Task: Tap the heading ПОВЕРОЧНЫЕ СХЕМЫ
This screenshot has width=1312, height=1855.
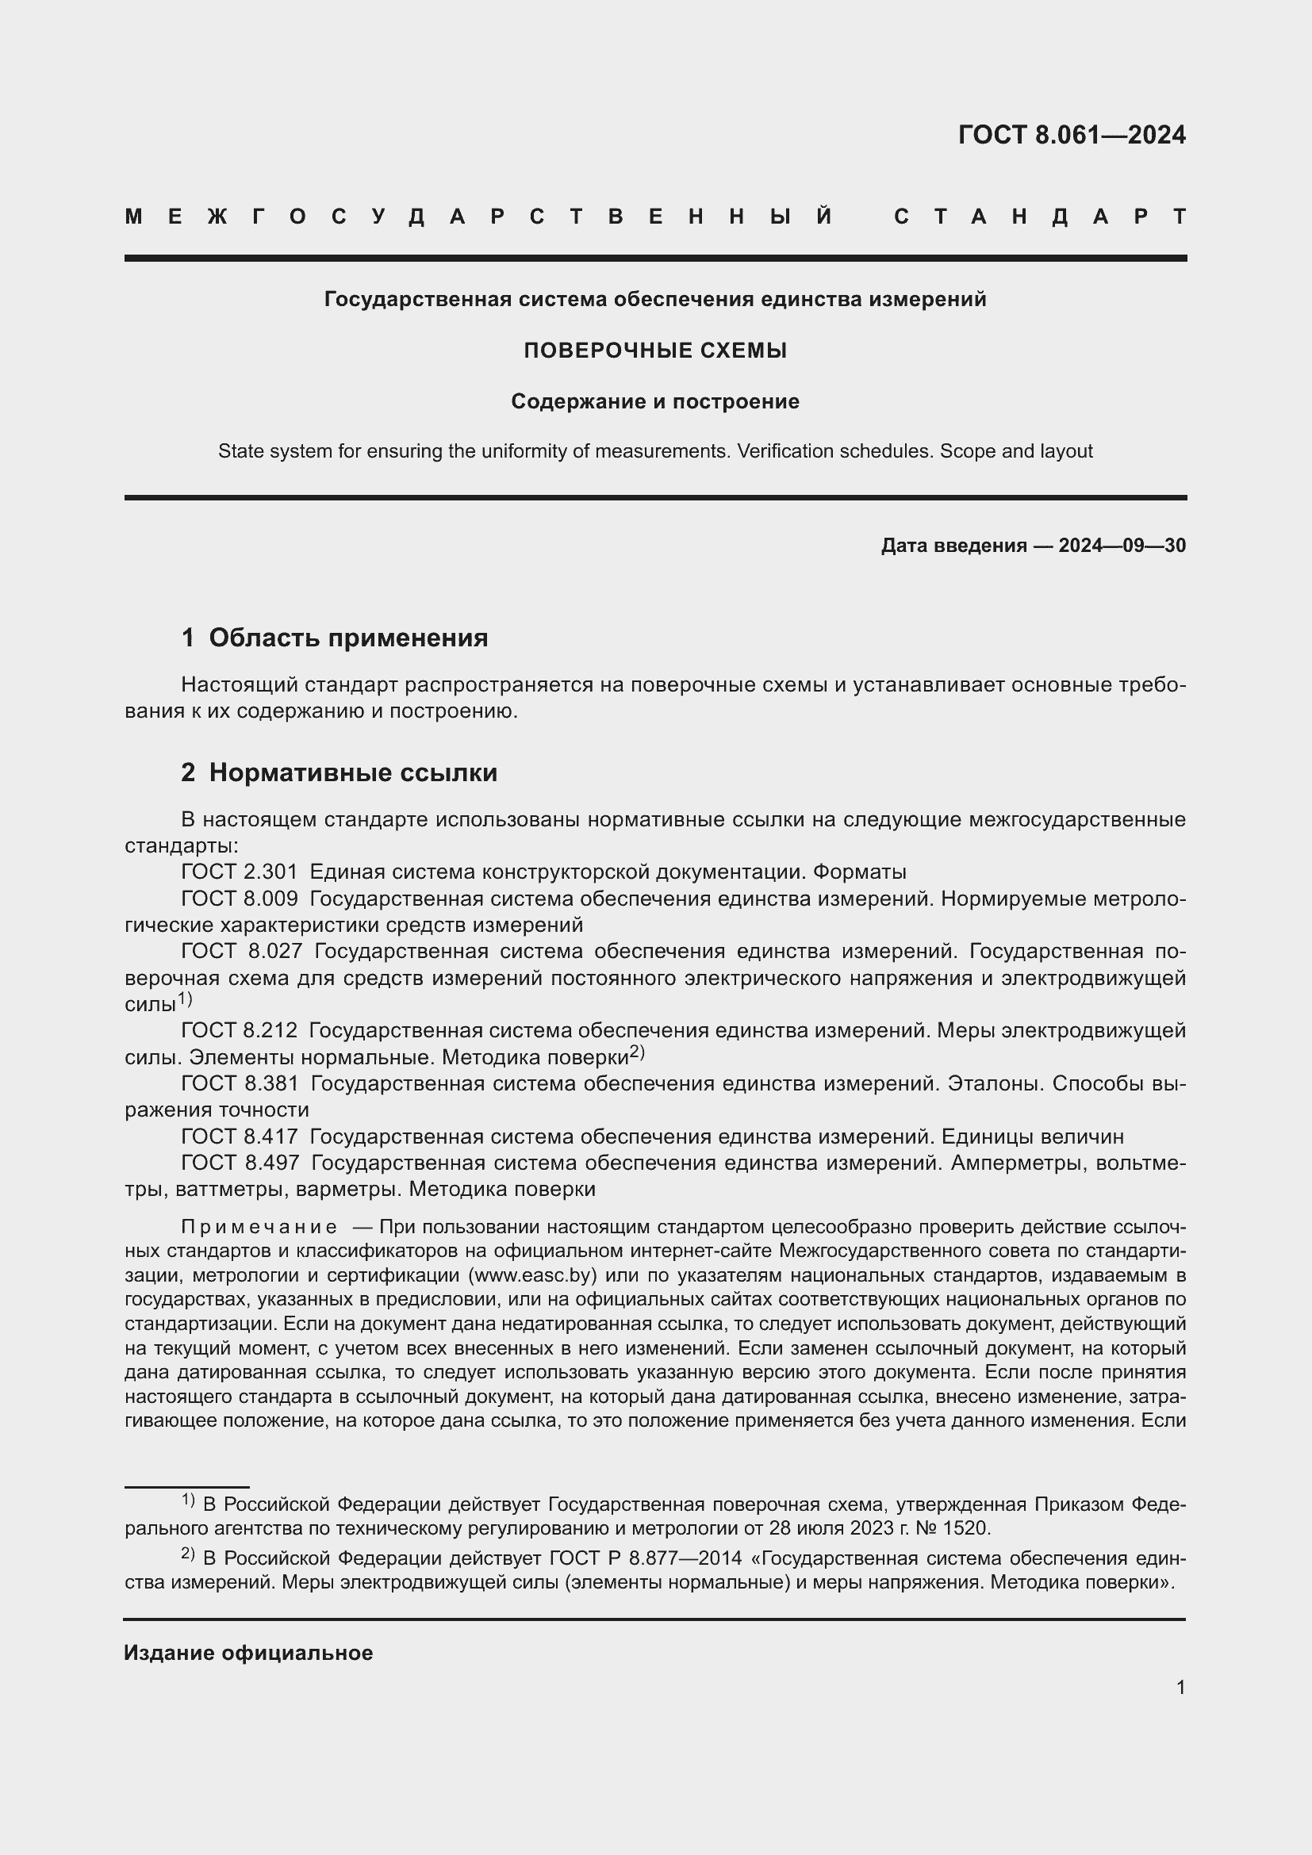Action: tap(655, 351)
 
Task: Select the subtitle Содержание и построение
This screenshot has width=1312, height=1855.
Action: tap(655, 401)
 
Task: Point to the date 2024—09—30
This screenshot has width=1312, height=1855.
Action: tap(1122, 546)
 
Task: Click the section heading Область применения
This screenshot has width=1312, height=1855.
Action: tap(347, 638)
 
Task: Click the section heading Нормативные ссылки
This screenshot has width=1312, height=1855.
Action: tap(352, 773)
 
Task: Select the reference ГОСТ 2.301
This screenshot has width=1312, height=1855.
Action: tap(239, 872)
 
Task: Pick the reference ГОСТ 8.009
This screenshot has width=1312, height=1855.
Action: tap(239, 899)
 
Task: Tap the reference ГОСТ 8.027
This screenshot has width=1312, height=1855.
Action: tap(239, 952)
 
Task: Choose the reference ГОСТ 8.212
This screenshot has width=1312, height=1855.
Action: tap(239, 1031)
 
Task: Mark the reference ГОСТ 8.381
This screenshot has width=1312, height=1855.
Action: tap(239, 1084)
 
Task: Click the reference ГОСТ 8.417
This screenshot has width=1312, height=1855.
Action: tap(239, 1137)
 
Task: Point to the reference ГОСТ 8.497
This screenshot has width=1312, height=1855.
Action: tap(239, 1163)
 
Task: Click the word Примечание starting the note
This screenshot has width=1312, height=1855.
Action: tap(259, 1227)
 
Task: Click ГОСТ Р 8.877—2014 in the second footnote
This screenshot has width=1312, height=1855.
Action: tap(645, 1558)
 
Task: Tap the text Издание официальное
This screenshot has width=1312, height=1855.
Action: tap(248, 1653)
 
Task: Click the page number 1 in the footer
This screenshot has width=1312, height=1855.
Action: tap(1180, 1688)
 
